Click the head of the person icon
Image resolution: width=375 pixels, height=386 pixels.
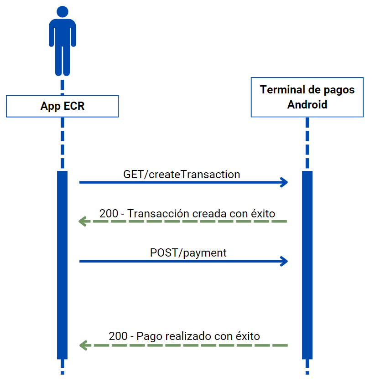(x=62, y=12)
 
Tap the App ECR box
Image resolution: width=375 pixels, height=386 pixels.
(x=62, y=106)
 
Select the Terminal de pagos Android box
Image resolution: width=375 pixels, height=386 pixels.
(x=307, y=97)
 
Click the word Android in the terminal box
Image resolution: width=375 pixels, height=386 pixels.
(x=307, y=104)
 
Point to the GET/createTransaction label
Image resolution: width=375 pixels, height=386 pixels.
(x=182, y=174)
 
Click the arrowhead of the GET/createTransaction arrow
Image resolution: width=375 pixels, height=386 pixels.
(x=285, y=182)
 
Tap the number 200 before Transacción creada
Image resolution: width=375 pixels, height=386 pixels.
(x=108, y=213)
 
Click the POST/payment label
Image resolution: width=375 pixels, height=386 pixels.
(x=188, y=253)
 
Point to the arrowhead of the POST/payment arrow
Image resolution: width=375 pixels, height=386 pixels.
(x=285, y=261)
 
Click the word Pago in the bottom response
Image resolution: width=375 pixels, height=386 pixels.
(x=149, y=336)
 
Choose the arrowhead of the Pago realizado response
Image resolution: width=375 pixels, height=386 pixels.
(x=83, y=345)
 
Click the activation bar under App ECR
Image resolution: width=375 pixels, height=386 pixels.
(x=62, y=264)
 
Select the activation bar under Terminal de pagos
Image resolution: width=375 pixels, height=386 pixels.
(x=307, y=264)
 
